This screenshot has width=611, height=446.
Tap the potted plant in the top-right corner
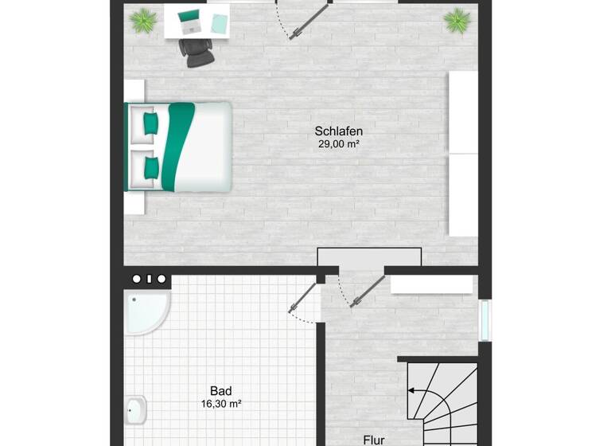coord(457,20)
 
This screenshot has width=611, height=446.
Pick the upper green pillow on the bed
coord(150,123)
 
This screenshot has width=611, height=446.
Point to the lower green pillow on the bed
coord(150,166)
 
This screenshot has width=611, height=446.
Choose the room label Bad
coord(220,391)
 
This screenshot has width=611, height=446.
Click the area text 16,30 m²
coord(220,404)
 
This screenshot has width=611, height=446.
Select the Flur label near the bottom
coord(373,439)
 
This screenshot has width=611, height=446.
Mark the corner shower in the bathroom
coord(145,311)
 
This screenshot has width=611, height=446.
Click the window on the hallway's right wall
coord(485,320)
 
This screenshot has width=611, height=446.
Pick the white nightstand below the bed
coord(134,203)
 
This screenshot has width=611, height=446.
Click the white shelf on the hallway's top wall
coord(431,284)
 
